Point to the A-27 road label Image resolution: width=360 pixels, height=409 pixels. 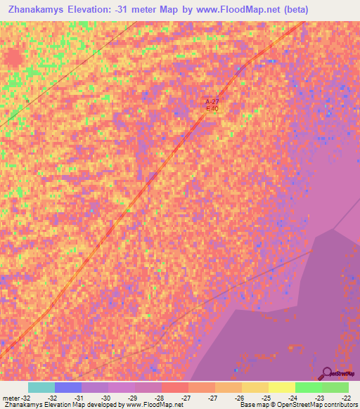[x=212, y=102]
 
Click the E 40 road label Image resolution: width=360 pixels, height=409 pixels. [x=212, y=109]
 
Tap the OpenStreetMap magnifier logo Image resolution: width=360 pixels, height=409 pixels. [x=327, y=374]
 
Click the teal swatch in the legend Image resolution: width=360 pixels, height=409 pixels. [x=41, y=387]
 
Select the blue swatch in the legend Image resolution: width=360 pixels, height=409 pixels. [x=68, y=387]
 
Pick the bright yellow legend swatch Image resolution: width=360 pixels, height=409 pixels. [x=281, y=387]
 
